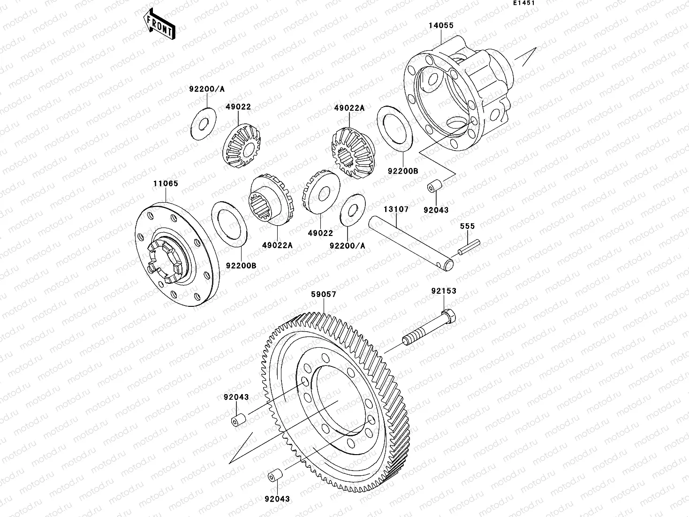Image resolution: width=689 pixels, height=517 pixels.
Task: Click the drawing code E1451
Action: click(x=523, y=3)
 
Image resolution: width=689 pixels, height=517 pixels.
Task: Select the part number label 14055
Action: click(x=441, y=25)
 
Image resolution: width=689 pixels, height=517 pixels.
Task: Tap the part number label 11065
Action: click(x=166, y=183)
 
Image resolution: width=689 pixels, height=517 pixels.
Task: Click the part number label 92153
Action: click(x=444, y=291)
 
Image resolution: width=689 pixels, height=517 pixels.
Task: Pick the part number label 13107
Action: click(x=396, y=209)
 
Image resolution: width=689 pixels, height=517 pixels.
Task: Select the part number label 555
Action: click(x=467, y=226)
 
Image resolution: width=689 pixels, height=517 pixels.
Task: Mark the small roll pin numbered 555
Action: click(x=469, y=247)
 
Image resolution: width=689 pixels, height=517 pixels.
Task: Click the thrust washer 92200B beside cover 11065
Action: click(x=230, y=223)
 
